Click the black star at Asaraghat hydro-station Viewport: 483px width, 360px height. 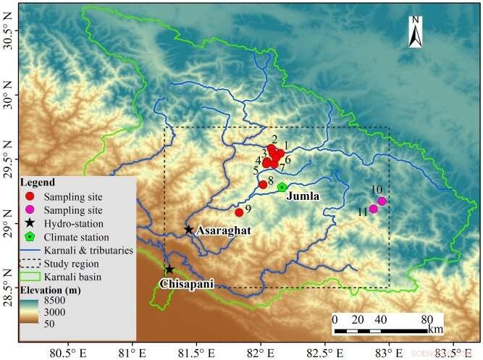pyautogui.click(x=189, y=230)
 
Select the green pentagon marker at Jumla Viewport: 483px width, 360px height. pyautogui.click(x=282, y=187)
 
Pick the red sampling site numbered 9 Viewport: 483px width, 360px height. pyautogui.click(x=239, y=212)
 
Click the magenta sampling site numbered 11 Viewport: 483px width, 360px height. pyautogui.click(x=374, y=209)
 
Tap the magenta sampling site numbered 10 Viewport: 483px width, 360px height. pyautogui.click(x=382, y=201)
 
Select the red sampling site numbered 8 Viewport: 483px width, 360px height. pyautogui.click(x=263, y=185)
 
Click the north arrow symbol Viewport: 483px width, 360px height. pyautogui.click(x=416, y=33)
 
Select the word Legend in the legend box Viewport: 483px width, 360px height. pyautogui.click(x=36, y=182)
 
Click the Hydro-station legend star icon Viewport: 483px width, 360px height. pyautogui.click(x=30, y=223)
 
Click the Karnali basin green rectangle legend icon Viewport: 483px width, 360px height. pyautogui.click(x=30, y=277)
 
